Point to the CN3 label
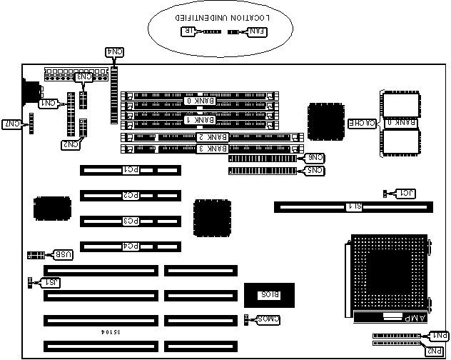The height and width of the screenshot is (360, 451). pyautogui.click(x=84, y=77)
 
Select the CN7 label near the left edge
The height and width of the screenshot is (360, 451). pyautogui.click(x=12, y=124)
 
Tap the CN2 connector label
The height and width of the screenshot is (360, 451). pyautogui.click(x=70, y=145)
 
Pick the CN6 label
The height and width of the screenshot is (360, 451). pyautogui.click(x=314, y=158)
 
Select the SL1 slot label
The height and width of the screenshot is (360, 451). pyautogui.click(x=353, y=207)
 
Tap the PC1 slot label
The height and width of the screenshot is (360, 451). pyautogui.click(x=131, y=171)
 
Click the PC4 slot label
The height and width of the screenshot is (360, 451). pyautogui.click(x=131, y=246)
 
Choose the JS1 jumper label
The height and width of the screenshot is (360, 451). pyautogui.click(x=51, y=282)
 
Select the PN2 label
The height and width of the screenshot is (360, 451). pyautogui.click(x=434, y=350)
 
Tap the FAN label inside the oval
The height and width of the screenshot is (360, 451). pyautogui.click(x=255, y=31)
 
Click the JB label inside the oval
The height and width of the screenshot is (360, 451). pyautogui.click(x=189, y=31)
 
